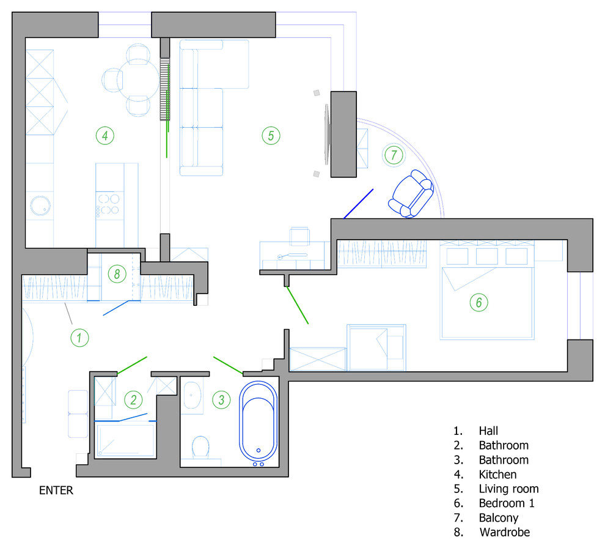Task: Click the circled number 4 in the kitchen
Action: pos(105,136)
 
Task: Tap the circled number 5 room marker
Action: pos(271,136)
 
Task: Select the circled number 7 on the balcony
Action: pos(394,155)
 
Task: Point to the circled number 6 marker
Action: pos(479,302)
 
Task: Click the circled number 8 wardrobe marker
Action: pos(117,274)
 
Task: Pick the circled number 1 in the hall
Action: pos(80,338)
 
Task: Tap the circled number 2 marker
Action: pos(133,400)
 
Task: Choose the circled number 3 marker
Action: pos(221,400)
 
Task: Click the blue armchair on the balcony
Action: pos(411,194)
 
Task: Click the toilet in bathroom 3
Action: pos(200,447)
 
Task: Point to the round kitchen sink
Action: pos(40,206)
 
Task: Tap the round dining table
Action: pos(137,80)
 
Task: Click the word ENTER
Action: pos(56,490)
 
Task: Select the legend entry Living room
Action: pos(508,489)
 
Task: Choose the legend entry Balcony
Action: pos(499,517)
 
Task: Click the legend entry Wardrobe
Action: pos(505,532)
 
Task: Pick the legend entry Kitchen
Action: pos(497,474)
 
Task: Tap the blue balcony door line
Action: pos(359,204)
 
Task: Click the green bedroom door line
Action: pos(298,305)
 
